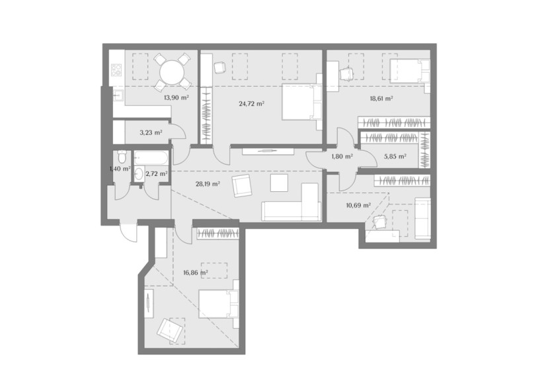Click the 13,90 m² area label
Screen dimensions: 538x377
(x=176, y=97)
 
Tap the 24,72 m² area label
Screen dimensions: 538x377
(x=252, y=103)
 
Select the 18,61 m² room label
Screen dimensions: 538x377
(x=381, y=98)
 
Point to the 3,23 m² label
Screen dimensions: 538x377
(x=151, y=132)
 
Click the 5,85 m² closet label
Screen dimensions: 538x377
(x=395, y=156)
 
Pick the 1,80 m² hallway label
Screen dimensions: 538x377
(x=342, y=157)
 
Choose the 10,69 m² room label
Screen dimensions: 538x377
(x=358, y=205)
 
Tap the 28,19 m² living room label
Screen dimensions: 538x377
(x=208, y=184)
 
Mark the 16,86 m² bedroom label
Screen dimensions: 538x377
(x=196, y=273)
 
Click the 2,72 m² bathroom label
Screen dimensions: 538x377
(x=157, y=174)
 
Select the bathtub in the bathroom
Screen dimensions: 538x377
(x=151, y=158)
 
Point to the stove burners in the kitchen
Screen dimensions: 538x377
(x=116, y=70)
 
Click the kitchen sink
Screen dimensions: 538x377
(x=118, y=95)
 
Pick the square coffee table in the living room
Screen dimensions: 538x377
(x=279, y=183)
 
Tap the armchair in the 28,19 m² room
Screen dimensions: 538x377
(x=243, y=186)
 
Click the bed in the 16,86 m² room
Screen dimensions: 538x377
(x=219, y=304)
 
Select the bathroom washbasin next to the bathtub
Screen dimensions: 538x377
(x=139, y=173)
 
